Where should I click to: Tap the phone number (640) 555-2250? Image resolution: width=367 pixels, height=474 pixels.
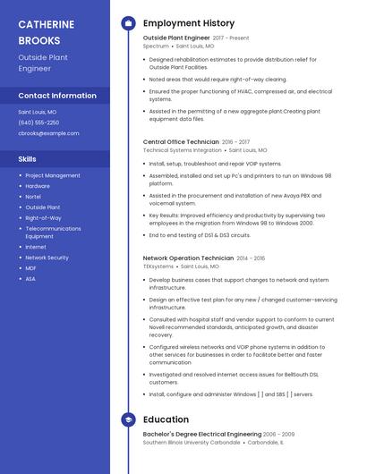pos(38,123)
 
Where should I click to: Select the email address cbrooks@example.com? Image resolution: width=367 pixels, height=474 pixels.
pos(48,133)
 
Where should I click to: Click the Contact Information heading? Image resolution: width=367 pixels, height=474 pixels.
pos(57,96)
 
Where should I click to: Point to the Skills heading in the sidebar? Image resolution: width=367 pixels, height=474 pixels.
pos(28,158)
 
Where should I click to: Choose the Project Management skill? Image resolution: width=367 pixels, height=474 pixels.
pos(53,175)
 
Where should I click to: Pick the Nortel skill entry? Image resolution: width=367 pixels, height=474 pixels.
pos(33,197)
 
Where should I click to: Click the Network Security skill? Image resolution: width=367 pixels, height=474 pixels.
pos(47,258)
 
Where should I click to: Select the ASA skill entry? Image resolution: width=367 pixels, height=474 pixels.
pos(30,278)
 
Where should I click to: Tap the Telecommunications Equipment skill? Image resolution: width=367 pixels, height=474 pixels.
pos(54,232)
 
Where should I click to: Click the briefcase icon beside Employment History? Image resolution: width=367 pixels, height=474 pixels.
pos(128,23)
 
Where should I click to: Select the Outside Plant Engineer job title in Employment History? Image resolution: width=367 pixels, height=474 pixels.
pos(175,38)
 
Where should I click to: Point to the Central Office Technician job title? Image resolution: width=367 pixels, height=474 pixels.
pos(181,142)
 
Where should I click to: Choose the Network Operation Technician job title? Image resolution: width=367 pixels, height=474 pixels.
pos(188,258)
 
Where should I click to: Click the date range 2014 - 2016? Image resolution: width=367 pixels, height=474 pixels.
pos(252,258)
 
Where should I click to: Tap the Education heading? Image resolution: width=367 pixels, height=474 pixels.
pos(166,419)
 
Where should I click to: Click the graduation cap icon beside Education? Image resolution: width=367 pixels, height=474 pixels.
pos(128,419)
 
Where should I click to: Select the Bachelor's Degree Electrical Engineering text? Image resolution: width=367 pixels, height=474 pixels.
pos(202,434)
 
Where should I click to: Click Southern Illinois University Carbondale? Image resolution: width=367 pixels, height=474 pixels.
pos(192,442)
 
